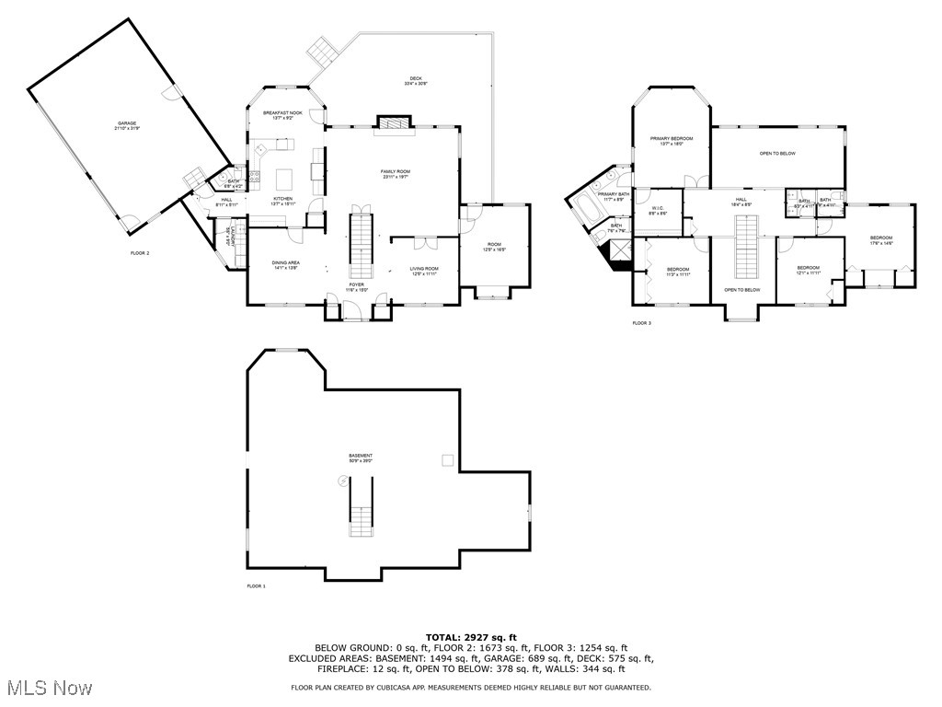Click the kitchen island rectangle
pyautogui.click(x=283, y=176)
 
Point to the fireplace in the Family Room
pyautogui.click(x=393, y=123)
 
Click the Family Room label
pyautogui.click(x=396, y=173)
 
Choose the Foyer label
pyautogui.click(x=357, y=286)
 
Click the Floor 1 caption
pyautogui.click(x=256, y=586)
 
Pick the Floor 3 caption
pyautogui.click(x=641, y=323)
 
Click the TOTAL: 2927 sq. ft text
pyautogui.click(x=471, y=637)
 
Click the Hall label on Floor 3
pyautogui.click(x=740, y=202)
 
